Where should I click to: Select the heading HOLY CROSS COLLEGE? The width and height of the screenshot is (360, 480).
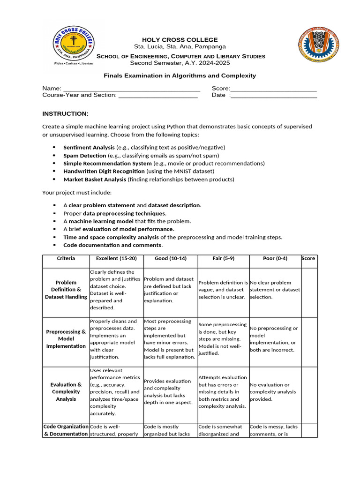[180, 40]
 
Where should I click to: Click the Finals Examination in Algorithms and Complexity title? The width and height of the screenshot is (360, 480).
[180, 75]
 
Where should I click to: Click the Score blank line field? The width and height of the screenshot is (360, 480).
[274, 89]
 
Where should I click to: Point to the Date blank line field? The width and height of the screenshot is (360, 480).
[274, 95]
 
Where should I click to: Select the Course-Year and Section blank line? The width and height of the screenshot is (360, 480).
[158, 95]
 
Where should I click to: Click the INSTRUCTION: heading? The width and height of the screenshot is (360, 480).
[65, 114]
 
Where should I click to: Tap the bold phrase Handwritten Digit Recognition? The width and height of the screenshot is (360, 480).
[97, 171]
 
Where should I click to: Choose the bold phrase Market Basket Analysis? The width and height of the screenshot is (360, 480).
[95, 179]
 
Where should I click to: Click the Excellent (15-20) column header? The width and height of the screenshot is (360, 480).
[116, 259]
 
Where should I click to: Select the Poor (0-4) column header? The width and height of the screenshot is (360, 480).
[275, 259]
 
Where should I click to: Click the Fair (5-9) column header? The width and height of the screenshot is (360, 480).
[223, 259]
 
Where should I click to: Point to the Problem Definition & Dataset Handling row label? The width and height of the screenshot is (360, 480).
[66, 290]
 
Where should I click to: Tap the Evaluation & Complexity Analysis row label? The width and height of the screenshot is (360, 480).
[66, 392]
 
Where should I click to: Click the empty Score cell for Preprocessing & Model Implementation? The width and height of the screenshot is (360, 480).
[309, 339]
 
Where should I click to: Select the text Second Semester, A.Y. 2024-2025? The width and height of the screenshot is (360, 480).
[180, 63]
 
